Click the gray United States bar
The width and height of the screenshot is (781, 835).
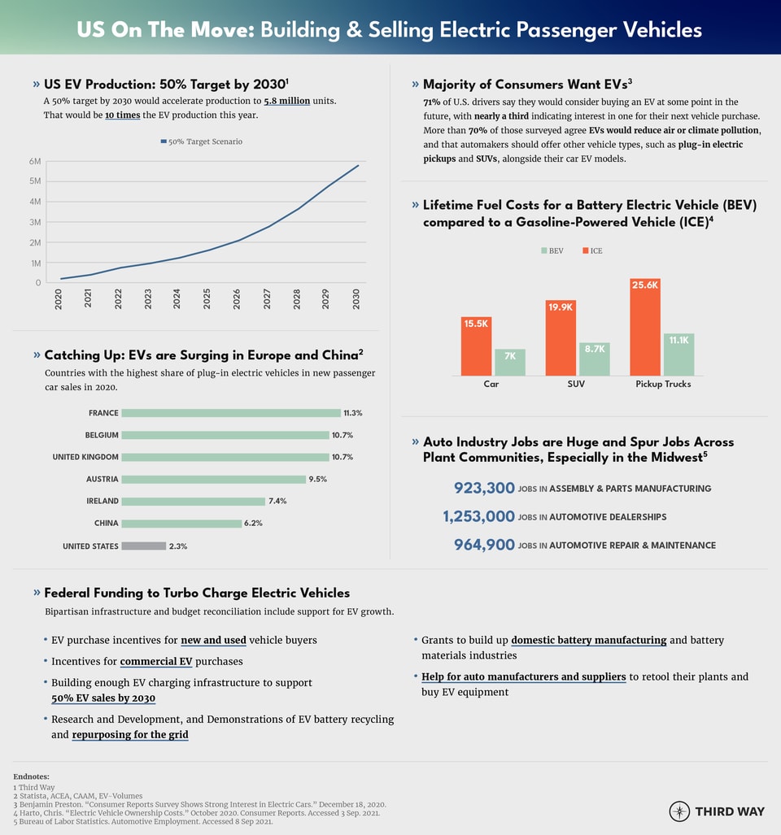click(143, 546)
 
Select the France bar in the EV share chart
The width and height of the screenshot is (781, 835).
click(231, 413)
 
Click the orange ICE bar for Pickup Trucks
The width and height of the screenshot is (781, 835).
click(645, 327)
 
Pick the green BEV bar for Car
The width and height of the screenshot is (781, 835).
click(510, 363)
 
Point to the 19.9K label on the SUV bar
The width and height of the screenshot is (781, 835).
click(561, 307)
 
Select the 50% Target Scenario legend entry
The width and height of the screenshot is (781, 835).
click(201, 141)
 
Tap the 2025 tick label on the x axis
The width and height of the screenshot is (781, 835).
click(207, 298)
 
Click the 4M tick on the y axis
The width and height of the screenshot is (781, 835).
click(35, 202)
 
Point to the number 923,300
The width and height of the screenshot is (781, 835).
click(484, 489)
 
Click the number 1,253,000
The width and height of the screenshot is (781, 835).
click(478, 517)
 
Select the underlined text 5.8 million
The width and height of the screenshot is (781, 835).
click(286, 101)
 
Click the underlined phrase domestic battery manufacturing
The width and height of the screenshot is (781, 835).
click(588, 640)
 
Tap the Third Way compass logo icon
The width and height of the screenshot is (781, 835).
click(679, 811)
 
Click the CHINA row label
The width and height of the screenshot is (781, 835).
click(106, 524)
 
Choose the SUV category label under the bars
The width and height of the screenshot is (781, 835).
click(576, 384)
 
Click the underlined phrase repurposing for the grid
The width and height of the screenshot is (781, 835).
click(130, 735)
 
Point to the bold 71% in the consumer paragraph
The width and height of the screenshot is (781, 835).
click(431, 102)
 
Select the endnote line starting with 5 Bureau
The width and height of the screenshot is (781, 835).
click(142, 822)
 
